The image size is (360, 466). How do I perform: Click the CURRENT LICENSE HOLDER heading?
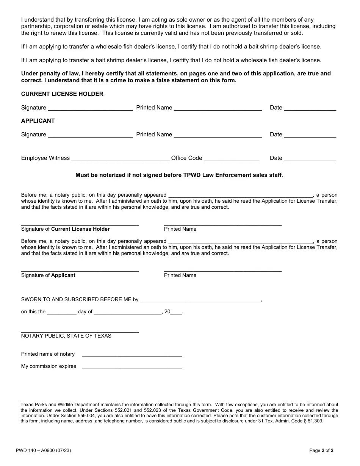coord(62,94)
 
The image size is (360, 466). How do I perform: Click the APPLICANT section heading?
coord(38,121)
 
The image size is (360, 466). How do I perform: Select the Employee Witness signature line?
coord(120,159)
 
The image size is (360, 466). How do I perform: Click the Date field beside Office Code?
coord(310,159)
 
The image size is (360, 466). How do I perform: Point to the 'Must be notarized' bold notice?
coord(179,175)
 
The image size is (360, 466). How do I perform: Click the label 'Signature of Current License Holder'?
coord(65,229)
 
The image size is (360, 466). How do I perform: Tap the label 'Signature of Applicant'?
coord(48,275)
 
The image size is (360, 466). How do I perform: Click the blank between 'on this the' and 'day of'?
coord(61,312)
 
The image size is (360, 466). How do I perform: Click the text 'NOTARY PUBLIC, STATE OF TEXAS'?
coord(66,336)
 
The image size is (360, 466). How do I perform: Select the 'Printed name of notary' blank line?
coord(132,355)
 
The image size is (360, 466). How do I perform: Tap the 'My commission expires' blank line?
coord(132,367)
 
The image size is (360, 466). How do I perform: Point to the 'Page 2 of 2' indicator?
coord(321,451)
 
